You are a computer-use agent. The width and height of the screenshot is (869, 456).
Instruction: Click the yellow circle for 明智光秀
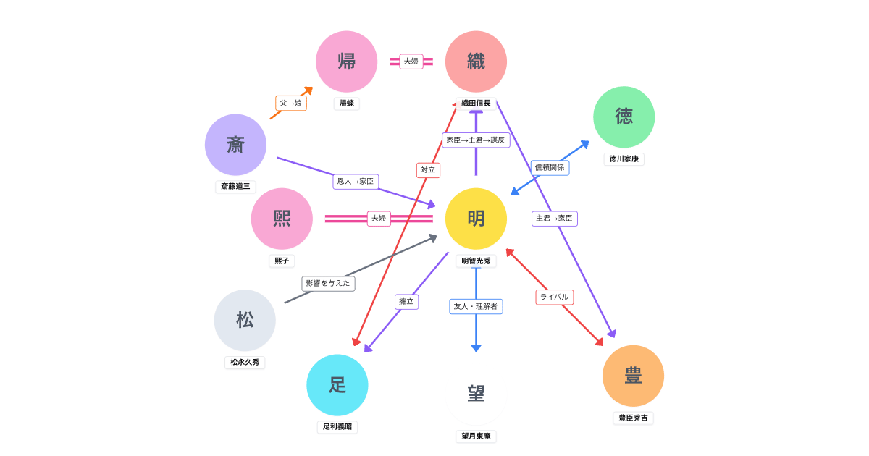click(x=476, y=219)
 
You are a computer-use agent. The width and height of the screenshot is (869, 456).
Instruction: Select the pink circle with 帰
click(x=346, y=62)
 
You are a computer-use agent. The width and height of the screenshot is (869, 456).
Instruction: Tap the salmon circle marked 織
click(x=476, y=62)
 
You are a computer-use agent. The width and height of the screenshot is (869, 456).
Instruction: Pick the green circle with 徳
click(x=624, y=117)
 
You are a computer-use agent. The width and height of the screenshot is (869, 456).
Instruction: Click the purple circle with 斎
click(x=235, y=145)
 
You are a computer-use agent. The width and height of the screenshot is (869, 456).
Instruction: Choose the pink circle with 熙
click(x=282, y=219)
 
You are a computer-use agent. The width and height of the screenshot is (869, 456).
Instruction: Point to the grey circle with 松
click(x=245, y=321)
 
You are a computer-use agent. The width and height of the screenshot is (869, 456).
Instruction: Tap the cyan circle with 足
click(x=337, y=385)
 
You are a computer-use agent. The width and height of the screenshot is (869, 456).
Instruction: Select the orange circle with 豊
click(x=633, y=376)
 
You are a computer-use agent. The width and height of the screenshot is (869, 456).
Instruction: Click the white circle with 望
click(x=476, y=394)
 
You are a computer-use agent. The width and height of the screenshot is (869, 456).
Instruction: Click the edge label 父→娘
click(x=291, y=104)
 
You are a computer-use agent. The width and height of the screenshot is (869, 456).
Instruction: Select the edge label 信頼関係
click(x=550, y=168)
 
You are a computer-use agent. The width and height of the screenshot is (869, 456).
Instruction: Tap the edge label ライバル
click(x=555, y=297)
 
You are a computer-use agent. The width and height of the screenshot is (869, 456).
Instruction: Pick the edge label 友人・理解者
click(x=476, y=307)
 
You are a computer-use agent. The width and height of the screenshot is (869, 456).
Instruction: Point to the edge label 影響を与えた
click(x=328, y=284)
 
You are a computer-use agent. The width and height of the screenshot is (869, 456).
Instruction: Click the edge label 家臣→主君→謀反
click(x=476, y=140)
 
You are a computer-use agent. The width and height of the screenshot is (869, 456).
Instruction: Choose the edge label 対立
click(x=428, y=170)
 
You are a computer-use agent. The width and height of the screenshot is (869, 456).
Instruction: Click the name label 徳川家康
click(x=624, y=159)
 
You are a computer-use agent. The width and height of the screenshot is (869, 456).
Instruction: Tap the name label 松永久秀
click(x=245, y=362)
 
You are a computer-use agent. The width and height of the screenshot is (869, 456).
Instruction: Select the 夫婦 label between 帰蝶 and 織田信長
click(x=411, y=62)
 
